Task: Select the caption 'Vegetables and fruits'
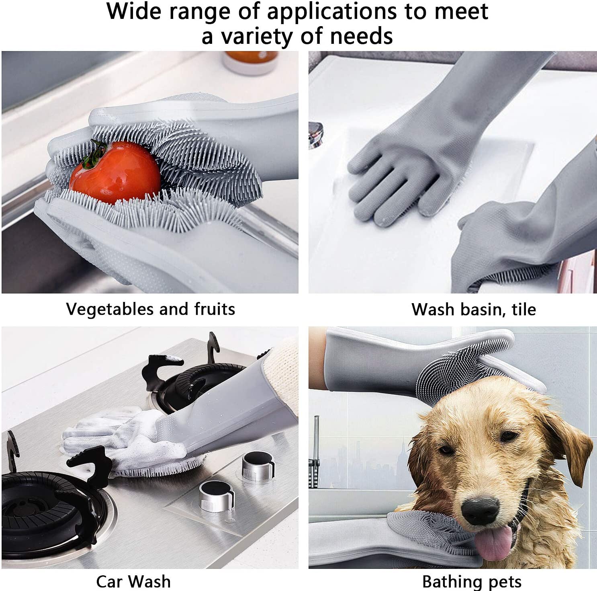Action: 150,309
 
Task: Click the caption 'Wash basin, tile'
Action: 474,309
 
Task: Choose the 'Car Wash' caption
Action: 133,581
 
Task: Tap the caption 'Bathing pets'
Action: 472,582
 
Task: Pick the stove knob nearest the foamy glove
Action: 257,465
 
